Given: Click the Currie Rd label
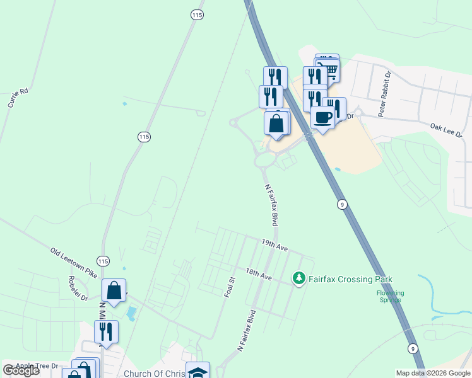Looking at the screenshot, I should point(18,98).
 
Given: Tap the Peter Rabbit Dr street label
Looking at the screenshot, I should point(385,93).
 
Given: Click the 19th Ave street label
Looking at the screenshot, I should point(274,245).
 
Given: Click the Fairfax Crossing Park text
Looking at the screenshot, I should point(350,279).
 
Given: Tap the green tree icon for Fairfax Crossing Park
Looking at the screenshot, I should point(298,278).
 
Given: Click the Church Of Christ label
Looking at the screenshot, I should point(155,374).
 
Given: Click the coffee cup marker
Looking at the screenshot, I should point(322,117).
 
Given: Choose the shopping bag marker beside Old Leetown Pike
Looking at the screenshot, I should point(114,291).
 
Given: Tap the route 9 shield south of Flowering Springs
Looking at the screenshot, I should point(413,348).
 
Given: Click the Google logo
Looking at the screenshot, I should point(21,370).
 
